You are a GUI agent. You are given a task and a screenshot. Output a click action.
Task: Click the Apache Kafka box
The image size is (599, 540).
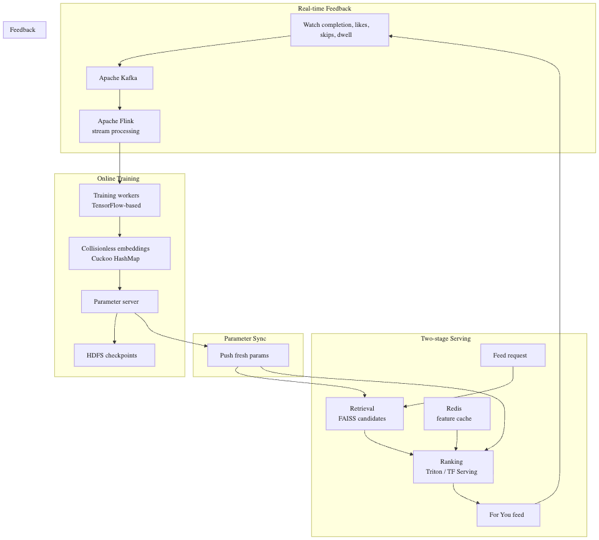click(120, 78)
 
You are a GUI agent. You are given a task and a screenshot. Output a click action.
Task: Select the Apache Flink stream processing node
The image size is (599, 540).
click(120, 126)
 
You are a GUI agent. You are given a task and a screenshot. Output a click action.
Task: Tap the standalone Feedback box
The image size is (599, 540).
click(25, 30)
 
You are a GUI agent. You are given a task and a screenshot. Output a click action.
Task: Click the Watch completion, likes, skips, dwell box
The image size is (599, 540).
click(339, 30)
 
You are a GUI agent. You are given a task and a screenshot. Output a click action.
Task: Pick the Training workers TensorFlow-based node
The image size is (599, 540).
click(120, 200)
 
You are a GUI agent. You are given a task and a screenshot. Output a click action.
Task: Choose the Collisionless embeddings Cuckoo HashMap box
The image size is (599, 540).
click(120, 253)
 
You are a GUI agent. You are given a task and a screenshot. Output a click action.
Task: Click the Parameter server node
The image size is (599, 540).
click(120, 302)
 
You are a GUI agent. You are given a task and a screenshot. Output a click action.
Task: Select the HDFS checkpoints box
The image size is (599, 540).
click(115, 355)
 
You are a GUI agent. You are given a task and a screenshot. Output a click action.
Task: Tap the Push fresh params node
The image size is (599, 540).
click(248, 355)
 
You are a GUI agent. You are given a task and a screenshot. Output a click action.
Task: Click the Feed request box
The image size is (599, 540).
click(513, 355)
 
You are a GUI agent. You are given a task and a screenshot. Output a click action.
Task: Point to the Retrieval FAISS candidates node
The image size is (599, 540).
click(364, 414)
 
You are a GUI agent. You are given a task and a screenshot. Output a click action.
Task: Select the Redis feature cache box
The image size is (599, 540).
click(457, 414)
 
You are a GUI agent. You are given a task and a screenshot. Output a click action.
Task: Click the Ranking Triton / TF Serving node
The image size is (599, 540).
click(453, 467)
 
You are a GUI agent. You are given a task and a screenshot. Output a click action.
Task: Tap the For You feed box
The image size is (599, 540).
click(509, 515)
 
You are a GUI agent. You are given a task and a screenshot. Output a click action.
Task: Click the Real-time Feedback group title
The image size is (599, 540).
click(324, 8)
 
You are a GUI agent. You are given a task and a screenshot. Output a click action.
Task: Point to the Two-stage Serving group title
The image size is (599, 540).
click(446, 338)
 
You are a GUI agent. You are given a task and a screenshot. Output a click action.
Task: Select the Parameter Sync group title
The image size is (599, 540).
click(245, 338)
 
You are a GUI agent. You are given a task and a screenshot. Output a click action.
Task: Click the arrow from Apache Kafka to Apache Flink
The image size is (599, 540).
click(120, 100)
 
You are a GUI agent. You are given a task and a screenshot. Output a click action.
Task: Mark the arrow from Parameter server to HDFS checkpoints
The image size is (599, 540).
click(115, 328)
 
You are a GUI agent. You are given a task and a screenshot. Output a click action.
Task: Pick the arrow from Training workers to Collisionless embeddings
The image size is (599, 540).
click(120, 227)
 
